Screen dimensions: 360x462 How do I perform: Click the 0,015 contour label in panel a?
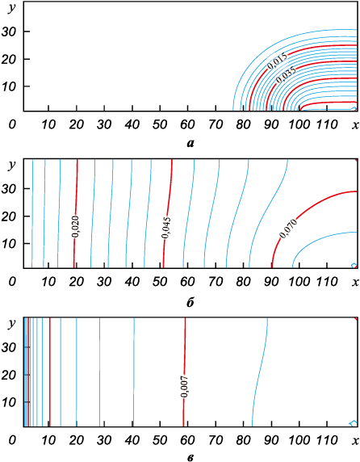(x=278, y=61)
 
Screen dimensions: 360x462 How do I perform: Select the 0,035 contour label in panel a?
(x=286, y=74)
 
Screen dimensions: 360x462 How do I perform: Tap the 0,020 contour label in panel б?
(x=75, y=226)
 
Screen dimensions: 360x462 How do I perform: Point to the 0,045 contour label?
(x=166, y=228)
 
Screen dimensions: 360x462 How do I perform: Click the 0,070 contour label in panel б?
(x=288, y=229)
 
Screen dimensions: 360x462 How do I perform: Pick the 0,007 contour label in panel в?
(x=185, y=386)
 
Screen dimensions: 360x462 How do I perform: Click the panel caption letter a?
(x=190, y=143)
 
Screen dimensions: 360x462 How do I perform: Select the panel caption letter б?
(x=190, y=302)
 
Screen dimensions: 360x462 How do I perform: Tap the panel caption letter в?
(x=190, y=458)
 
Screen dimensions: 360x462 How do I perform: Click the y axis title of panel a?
(x=12, y=8)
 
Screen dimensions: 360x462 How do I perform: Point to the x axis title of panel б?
(x=356, y=282)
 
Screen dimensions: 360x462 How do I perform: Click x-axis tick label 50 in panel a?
(x=160, y=124)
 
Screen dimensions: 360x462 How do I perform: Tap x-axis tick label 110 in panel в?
(x=328, y=440)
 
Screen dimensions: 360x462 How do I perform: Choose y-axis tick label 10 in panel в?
(x=9, y=402)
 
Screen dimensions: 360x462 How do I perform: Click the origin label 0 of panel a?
(x=12, y=124)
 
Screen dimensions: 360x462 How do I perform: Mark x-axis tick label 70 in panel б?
(x=216, y=282)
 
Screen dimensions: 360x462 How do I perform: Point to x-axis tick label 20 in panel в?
(x=76, y=440)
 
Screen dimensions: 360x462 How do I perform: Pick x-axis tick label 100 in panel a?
(x=299, y=124)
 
